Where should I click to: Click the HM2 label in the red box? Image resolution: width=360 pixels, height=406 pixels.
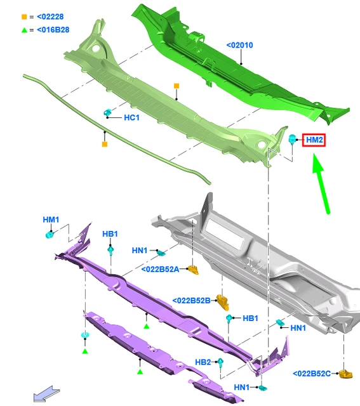(314, 140)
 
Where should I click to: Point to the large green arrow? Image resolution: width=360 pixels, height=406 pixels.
(321, 183)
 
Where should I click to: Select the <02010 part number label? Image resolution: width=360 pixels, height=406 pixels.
(239, 45)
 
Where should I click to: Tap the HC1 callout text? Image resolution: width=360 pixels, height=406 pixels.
(131, 118)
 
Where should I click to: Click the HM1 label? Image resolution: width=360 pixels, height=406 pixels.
(51, 220)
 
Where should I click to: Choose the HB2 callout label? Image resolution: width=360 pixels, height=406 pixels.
(203, 362)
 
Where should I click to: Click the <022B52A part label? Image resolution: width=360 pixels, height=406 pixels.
(160, 269)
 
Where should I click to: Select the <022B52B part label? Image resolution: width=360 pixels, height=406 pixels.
(191, 301)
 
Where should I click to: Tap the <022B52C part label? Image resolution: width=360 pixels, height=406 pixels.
(312, 374)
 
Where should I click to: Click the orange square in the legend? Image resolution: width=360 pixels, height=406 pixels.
(24, 17)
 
